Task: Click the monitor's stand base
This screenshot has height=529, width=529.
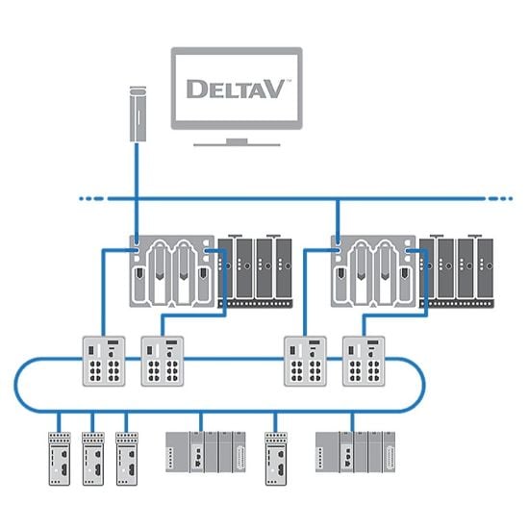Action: click(x=237, y=142)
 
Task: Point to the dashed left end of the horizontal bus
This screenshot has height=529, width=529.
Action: click(x=91, y=199)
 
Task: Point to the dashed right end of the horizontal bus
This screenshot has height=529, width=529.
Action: click(x=499, y=199)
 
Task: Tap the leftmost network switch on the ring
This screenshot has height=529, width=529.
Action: click(x=101, y=361)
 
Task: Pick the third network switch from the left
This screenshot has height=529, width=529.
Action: click(x=303, y=361)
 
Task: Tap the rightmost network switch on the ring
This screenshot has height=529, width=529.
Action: click(x=362, y=361)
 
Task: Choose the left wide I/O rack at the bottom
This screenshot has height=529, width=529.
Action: click(x=204, y=451)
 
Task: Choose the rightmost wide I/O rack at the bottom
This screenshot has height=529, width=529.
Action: click(x=354, y=451)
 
